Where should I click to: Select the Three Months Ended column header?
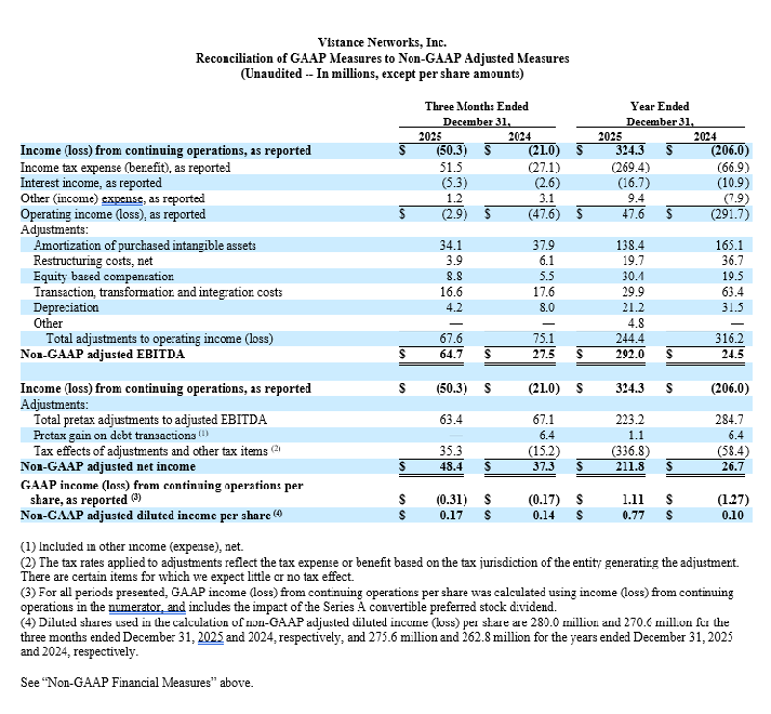click(x=476, y=106)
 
